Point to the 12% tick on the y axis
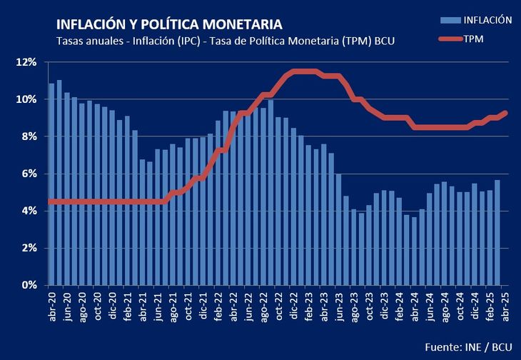point(28,62)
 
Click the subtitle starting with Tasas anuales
point(226,41)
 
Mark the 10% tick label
point(28,99)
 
